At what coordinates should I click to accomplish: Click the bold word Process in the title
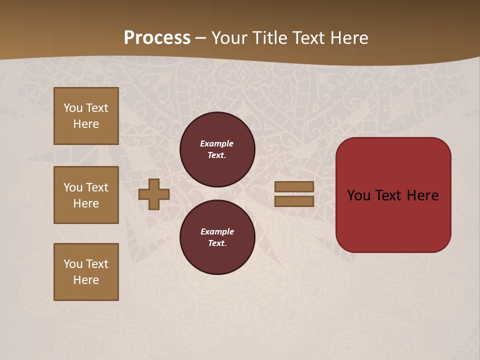click(x=157, y=38)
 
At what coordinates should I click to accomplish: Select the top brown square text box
click(x=86, y=116)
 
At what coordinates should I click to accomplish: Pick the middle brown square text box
click(x=86, y=195)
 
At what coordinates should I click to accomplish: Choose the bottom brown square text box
click(x=86, y=272)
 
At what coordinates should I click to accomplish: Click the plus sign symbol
click(x=153, y=194)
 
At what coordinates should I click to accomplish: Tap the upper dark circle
click(x=217, y=149)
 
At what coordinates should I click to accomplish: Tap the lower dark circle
click(x=217, y=237)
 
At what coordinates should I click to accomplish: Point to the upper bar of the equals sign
click(x=294, y=186)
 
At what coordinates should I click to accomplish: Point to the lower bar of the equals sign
click(x=294, y=201)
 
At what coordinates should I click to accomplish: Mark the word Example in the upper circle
click(x=216, y=143)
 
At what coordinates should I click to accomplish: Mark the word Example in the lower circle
click(x=217, y=231)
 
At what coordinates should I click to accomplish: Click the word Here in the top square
click(x=86, y=124)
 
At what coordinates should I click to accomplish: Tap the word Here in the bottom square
click(x=86, y=280)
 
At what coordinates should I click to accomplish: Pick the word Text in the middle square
click(x=97, y=187)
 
